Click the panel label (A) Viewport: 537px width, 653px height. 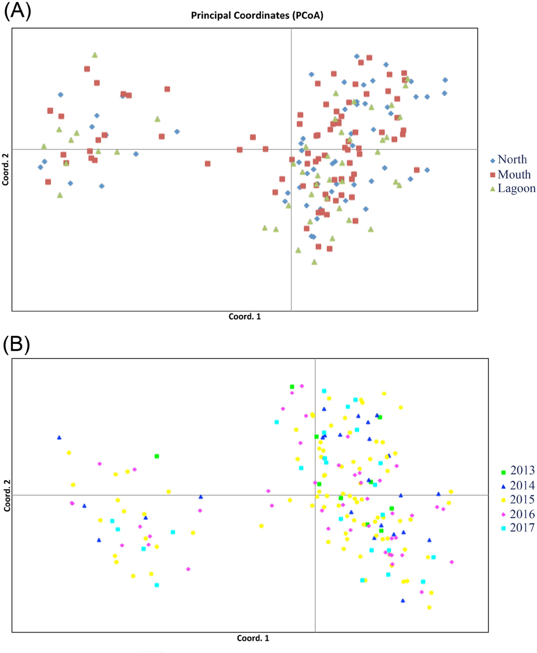click(17, 11)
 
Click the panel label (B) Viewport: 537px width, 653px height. click(17, 345)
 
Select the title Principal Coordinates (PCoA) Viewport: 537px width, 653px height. click(257, 15)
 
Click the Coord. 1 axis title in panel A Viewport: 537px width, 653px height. click(244, 316)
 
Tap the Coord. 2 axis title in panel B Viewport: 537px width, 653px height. click(7, 495)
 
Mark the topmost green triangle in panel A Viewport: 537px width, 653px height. click(95, 55)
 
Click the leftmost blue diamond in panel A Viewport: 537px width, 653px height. click(41, 167)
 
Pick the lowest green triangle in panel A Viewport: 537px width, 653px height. click(314, 262)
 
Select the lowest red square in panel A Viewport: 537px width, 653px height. click(329, 249)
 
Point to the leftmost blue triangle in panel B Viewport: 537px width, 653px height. click(59, 438)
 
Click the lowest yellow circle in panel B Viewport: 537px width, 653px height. click(429, 607)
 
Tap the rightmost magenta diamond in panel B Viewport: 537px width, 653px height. click(451, 562)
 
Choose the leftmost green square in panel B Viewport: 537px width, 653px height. click(157, 456)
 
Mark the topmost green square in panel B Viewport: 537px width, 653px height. click(292, 387)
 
